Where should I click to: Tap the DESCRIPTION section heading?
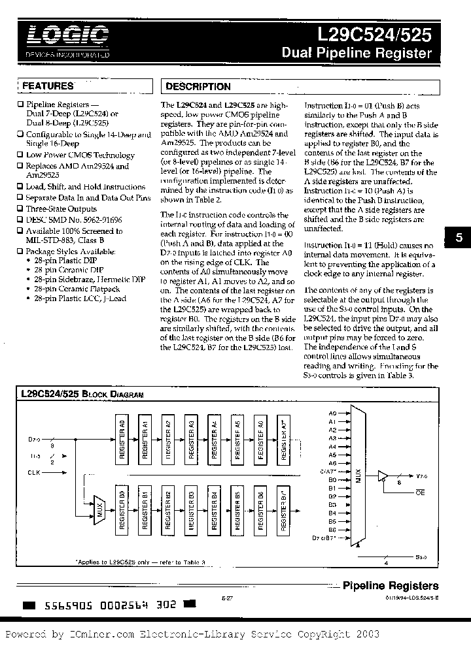tap(198, 86)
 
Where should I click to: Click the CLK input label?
tap(34, 472)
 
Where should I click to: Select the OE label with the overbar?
tap(420, 492)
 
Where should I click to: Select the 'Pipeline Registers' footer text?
tap(391, 586)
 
